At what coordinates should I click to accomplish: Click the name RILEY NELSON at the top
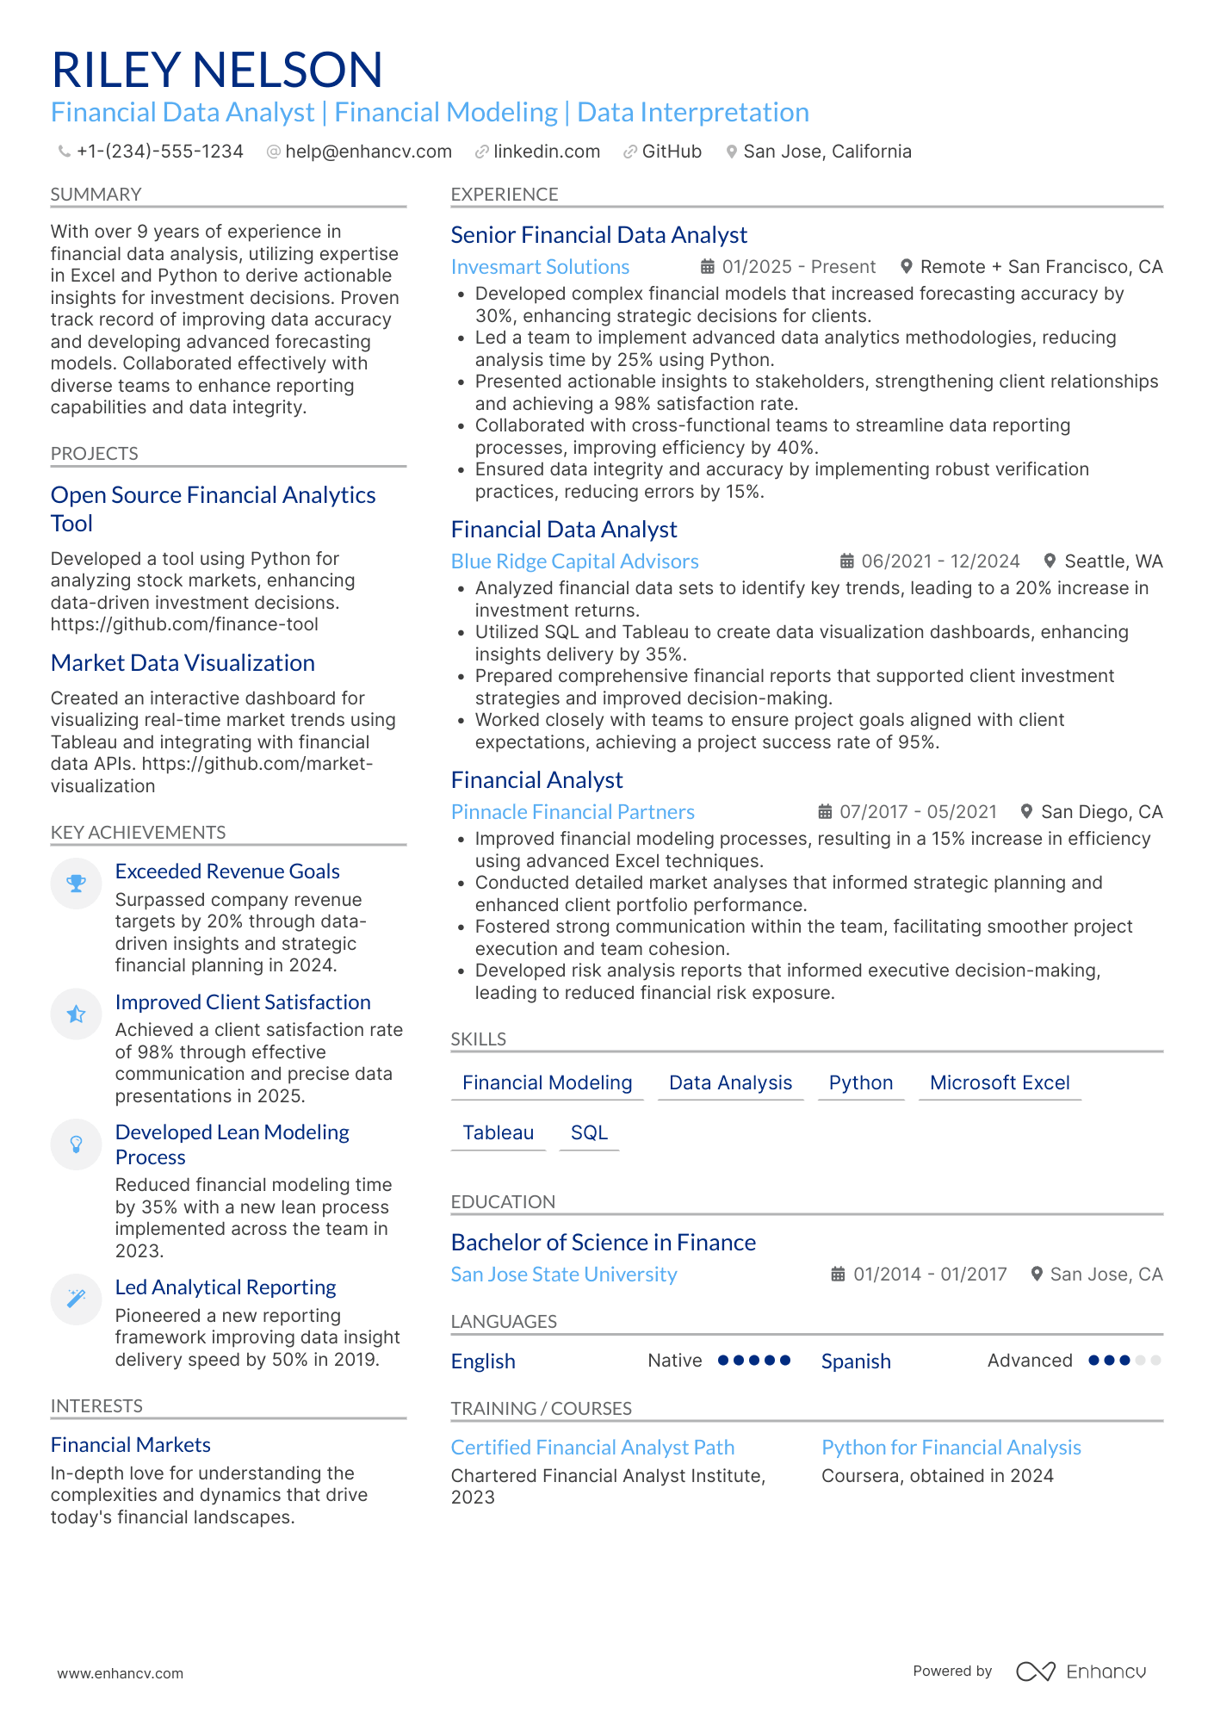[x=217, y=71]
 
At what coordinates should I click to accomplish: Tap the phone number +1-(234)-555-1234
[x=159, y=152]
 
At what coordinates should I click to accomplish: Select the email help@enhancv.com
[x=368, y=152]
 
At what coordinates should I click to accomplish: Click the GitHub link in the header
[x=671, y=152]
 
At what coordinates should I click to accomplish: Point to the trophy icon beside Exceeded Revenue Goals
[x=77, y=884]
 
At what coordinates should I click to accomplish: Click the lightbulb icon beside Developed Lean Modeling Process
[x=77, y=1144]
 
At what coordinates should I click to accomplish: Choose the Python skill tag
[x=860, y=1082]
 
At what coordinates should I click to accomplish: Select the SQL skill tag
[x=589, y=1132]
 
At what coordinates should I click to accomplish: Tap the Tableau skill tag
[x=498, y=1132]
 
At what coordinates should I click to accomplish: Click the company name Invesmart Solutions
[x=540, y=267]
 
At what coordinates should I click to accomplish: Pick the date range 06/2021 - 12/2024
[x=940, y=561]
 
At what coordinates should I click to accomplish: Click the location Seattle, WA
[x=1113, y=561]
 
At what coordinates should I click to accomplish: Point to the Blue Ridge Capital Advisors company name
[x=574, y=561]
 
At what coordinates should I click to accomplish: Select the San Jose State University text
[x=564, y=1275]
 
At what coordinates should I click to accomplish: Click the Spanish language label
[x=856, y=1361]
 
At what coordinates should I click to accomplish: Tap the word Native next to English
[x=675, y=1361]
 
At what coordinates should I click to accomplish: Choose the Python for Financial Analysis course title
[x=951, y=1448]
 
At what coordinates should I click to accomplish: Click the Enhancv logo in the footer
[x=1081, y=1671]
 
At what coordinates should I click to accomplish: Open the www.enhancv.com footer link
[x=121, y=1673]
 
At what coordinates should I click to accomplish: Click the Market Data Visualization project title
[x=183, y=663]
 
